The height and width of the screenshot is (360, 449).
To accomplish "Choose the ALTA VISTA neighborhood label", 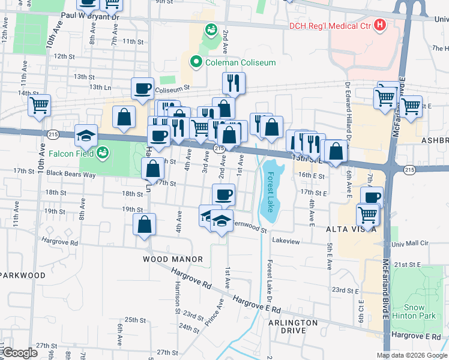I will coord(351,229).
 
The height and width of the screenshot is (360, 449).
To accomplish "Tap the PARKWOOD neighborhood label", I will coord(23,275).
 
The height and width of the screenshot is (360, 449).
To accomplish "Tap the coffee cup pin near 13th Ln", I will coord(143,89).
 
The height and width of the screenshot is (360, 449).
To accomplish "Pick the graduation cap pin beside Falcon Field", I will coord(86,135).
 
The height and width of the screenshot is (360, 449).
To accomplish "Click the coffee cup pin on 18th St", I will coord(223,194).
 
